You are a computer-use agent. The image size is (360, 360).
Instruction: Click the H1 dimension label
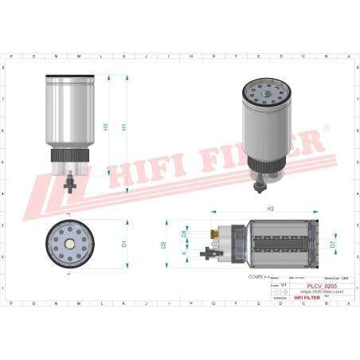(123, 127)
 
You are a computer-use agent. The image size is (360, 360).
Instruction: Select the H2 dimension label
(270, 208)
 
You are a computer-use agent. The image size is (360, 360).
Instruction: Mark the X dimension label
(185, 254)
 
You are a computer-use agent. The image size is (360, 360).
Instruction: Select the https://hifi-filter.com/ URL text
(322, 292)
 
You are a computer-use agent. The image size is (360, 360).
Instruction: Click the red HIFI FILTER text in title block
(307, 297)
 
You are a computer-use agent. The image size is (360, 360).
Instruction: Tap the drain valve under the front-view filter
(71, 182)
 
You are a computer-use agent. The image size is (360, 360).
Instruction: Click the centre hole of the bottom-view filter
(71, 242)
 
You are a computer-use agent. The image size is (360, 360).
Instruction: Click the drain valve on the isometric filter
(260, 186)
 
